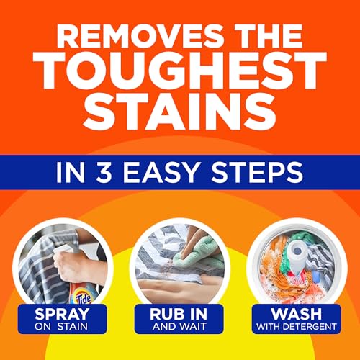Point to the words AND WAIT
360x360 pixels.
[179, 328]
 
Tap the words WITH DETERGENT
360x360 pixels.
[297, 328]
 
